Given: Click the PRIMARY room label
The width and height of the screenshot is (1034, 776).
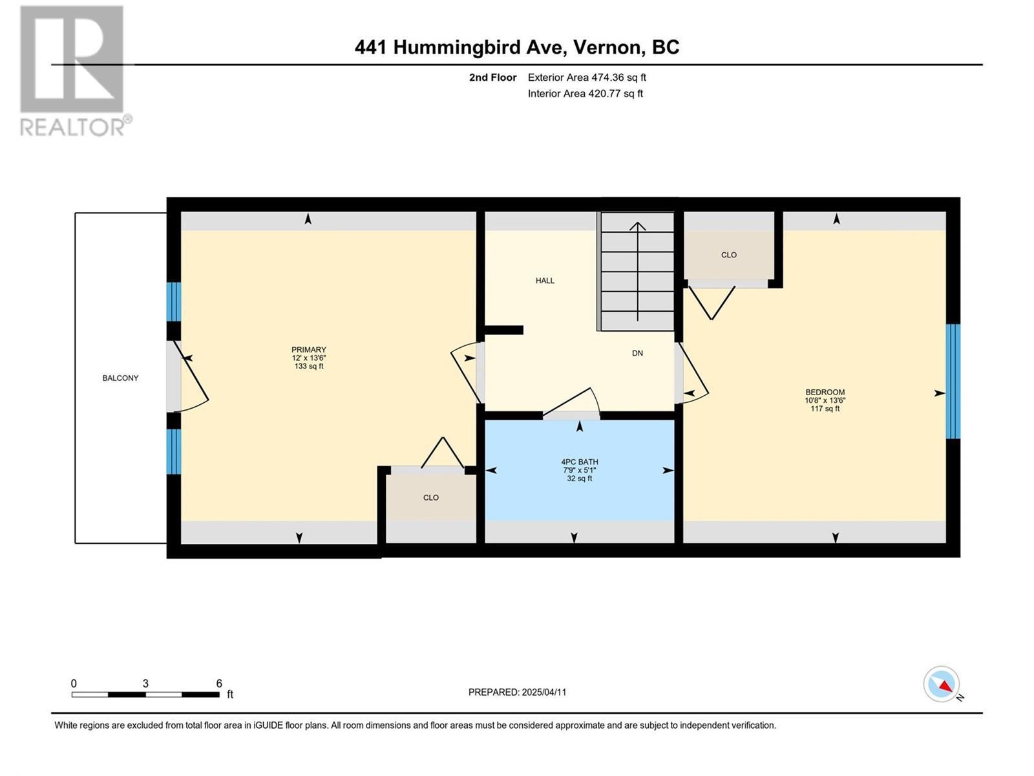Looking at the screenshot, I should click(308, 350).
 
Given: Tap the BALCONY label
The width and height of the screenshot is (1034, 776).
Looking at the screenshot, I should click(120, 378).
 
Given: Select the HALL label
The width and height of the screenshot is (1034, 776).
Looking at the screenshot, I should click(545, 281).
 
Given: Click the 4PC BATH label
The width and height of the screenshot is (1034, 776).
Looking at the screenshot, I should click(579, 462).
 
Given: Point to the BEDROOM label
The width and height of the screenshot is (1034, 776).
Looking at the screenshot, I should click(825, 392).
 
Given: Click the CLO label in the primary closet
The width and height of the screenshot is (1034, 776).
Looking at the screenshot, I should click(431, 497).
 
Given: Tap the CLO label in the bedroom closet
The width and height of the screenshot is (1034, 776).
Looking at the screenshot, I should click(728, 255).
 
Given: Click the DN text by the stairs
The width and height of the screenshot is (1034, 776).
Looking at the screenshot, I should click(637, 353).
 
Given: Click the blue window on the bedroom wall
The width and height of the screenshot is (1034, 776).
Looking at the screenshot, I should click(953, 382).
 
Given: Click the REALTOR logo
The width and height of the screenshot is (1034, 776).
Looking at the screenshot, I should click(72, 71).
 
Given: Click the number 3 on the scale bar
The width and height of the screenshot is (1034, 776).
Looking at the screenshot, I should click(145, 684).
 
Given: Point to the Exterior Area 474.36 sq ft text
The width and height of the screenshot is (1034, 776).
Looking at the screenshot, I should click(587, 78).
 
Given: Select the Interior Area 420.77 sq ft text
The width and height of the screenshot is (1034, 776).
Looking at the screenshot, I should click(585, 94).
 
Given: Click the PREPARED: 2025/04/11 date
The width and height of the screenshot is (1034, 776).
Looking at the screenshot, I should click(517, 692).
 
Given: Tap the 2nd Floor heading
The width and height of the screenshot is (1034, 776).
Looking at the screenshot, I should click(492, 78).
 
